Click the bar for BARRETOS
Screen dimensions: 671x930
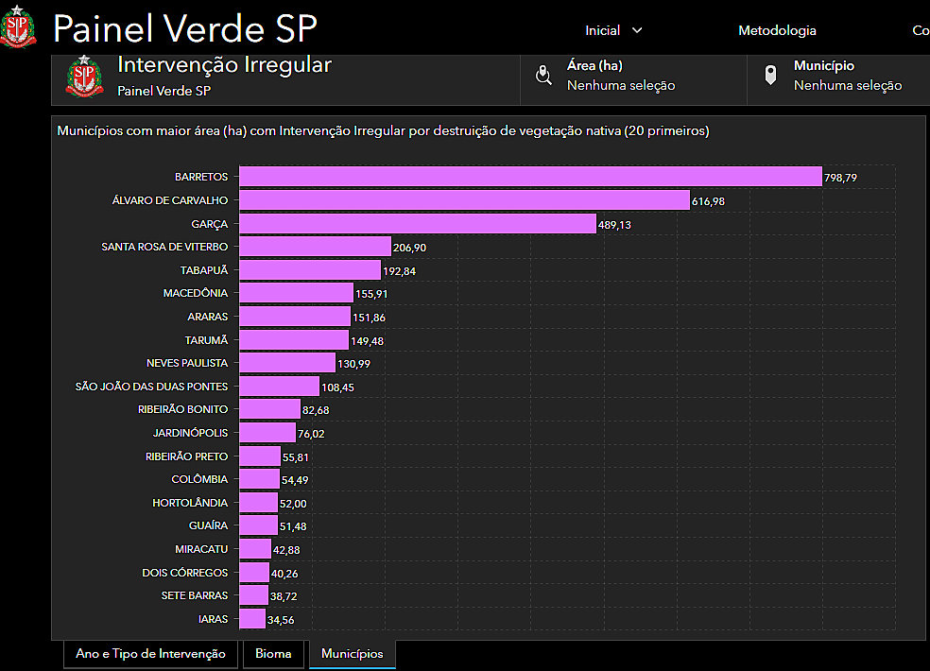pos(529,177)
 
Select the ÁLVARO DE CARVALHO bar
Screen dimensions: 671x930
pos(463,200)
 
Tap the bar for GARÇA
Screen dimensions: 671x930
pos(417,223)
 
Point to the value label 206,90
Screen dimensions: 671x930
pos(411,247)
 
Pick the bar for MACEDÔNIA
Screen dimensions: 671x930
pos(296,293)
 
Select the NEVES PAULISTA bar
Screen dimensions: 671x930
pos(286,363)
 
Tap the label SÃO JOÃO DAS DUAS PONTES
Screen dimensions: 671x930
pos(151,386)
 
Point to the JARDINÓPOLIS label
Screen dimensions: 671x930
pos(190,433)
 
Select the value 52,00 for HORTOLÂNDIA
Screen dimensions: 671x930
pos(293,504)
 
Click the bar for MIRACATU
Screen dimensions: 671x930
pos(255,549)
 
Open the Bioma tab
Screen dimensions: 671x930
pos(274,653)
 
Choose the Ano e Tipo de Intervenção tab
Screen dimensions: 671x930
pos(150,653)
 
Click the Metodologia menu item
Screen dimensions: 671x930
pos(777,30)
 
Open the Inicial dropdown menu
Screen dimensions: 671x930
pos(613,30)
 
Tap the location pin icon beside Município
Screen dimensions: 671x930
pos(770,76)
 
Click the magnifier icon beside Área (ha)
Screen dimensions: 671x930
pos(543,76)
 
